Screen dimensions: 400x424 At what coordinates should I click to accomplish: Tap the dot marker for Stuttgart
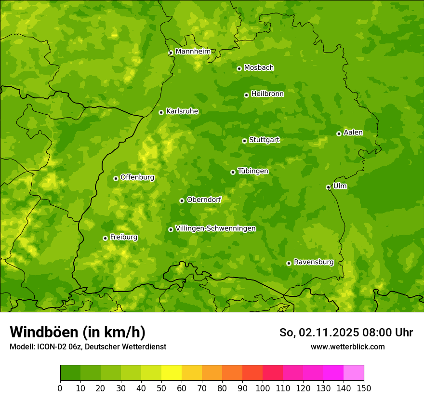[244, 141]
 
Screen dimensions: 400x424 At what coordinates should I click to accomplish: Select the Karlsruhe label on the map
[182, 111]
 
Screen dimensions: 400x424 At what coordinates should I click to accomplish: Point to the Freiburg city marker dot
[105, 238]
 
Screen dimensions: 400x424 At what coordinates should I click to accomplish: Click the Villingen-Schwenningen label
[215, 228]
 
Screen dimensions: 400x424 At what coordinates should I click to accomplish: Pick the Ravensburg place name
[313, 262]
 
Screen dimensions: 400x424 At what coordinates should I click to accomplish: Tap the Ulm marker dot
[328, 187]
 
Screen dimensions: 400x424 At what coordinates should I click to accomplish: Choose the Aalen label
[353, 133]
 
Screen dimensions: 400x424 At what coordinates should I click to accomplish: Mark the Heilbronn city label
[267, 94]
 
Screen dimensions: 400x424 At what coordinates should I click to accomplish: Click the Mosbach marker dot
[239, 68]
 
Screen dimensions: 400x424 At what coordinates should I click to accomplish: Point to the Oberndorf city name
[204, 200]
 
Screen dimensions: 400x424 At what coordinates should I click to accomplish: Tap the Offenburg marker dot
[116, 178]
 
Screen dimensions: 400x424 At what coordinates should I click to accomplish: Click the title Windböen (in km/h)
[77, 332]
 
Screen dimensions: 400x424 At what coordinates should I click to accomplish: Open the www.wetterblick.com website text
[347, 347]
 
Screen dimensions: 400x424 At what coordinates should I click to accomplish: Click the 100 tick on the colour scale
[263, 388]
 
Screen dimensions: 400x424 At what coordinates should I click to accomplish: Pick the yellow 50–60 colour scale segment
[172, 373]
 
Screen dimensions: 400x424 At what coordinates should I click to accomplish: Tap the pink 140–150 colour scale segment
[354, 373]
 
